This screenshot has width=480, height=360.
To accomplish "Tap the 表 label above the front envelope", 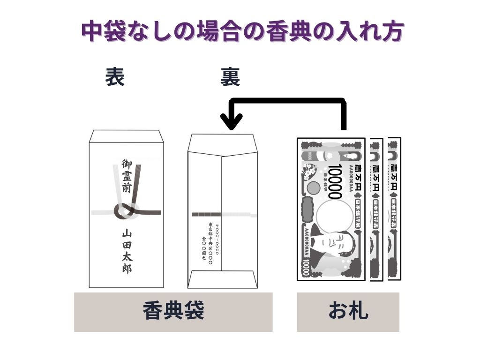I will (x=115, y=77).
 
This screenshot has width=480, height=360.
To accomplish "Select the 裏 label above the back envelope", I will (x=230, y=78).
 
